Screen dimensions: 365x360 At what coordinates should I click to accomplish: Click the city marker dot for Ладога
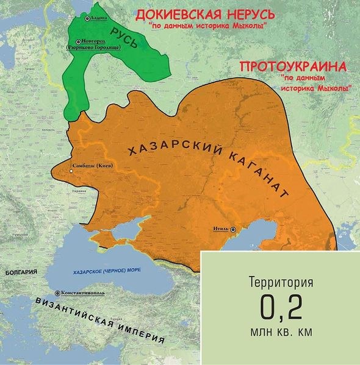pos(87,19)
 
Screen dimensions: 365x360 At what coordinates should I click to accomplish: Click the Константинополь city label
pos(86,293)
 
